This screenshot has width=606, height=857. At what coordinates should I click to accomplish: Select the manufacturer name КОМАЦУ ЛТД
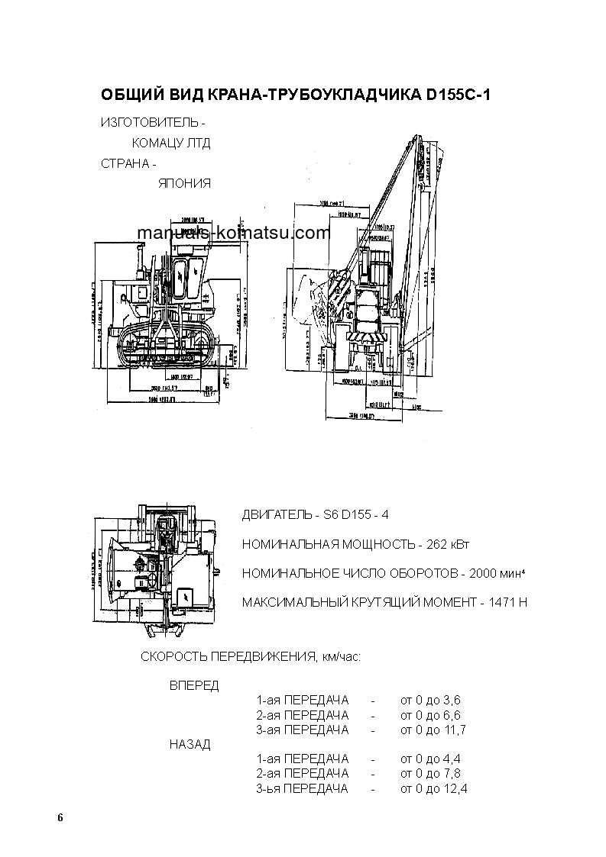pos(170,143)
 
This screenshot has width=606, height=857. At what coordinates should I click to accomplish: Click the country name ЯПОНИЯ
pos(184,183)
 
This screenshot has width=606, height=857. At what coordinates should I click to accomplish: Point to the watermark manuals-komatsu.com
pos(234,234)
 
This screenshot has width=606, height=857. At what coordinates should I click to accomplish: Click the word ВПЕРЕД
pos(193,685)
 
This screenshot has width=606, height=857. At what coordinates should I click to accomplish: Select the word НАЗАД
pos(190,744)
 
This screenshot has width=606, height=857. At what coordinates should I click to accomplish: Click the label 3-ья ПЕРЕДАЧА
pos(302,788)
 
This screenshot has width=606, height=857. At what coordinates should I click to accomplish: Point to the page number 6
pos(60,818)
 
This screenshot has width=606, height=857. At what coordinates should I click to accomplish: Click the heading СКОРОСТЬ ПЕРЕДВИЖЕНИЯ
pos(226,656)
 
